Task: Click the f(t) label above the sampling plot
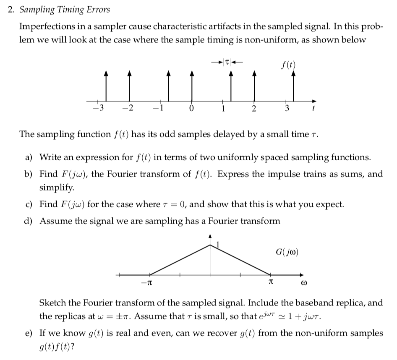pyautogui.click(x=287, y=65)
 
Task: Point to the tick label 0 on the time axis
pyautogui.click(x=191, y=110)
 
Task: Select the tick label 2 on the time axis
pyautogui.click(x=254, y=110)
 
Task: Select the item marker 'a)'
pyautogui.click(x=29, y=158)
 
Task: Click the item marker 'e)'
pyautogui.click(x=29, y=334)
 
